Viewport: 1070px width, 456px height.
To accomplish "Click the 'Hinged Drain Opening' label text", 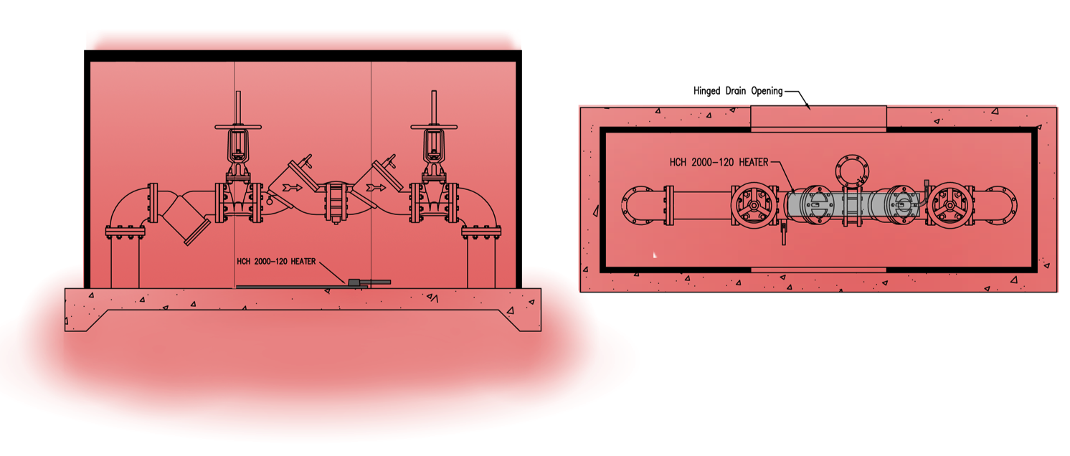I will click(x=737, y=91).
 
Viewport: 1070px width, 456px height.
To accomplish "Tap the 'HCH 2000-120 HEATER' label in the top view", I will click(x=719, y=163).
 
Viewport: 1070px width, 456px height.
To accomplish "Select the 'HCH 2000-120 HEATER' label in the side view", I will click(x=276, y=262).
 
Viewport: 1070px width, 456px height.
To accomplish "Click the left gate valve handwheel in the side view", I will click(x=236, y=128).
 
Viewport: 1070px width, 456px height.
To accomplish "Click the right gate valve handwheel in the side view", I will click(x=434, y=128).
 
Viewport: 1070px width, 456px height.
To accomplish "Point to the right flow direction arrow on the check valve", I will click(x=377, y=188).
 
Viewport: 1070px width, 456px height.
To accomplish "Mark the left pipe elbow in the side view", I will click(x=128, y=208).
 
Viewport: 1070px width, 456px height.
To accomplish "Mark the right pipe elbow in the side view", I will click(x=476, y=208).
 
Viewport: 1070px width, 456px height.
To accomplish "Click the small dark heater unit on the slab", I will click(x=354, y=282).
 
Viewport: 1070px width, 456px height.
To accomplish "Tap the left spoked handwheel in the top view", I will click(x=754, y=205).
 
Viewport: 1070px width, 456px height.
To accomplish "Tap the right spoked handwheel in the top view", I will click(x=950, y=205).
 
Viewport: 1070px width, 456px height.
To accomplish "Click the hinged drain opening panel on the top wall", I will click(x=818, y=117).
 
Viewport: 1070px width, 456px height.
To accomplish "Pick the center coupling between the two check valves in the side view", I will click(x=335, y=203).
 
